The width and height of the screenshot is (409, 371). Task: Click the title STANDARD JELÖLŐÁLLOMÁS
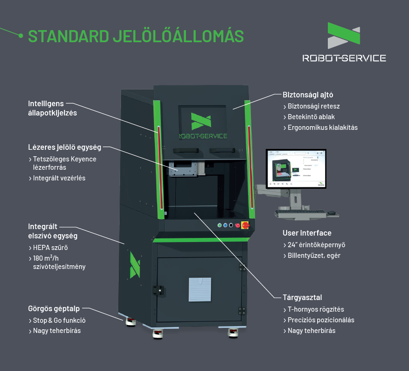tap(136, 36)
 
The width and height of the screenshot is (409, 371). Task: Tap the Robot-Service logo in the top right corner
tap(344, 42)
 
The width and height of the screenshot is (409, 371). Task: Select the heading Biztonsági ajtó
tap(307, 95)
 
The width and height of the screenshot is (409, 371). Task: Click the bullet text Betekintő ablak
tap(311, 117)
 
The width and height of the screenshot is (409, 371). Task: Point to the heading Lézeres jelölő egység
tap(64, 147)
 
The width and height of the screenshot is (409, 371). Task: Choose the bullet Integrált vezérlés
tap(59, 178)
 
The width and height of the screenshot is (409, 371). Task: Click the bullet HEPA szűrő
tap(51, 248)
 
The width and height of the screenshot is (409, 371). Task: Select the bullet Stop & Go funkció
tap(59, 320)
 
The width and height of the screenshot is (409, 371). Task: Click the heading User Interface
tap(307, 233)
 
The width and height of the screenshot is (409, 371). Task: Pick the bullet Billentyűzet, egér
tap(314, 256)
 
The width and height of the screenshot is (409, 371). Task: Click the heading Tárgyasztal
tap(302, 297)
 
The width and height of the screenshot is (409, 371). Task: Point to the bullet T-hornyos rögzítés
tap(316, 309)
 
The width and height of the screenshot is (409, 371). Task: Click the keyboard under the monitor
tap(299, 213)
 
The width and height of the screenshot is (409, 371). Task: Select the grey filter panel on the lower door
tap(200, 290)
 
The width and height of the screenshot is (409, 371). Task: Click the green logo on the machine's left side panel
tap(134, 265)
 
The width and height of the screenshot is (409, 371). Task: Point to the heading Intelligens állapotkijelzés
tap(52, 108)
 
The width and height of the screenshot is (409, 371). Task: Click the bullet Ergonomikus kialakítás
tap(323, 128)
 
